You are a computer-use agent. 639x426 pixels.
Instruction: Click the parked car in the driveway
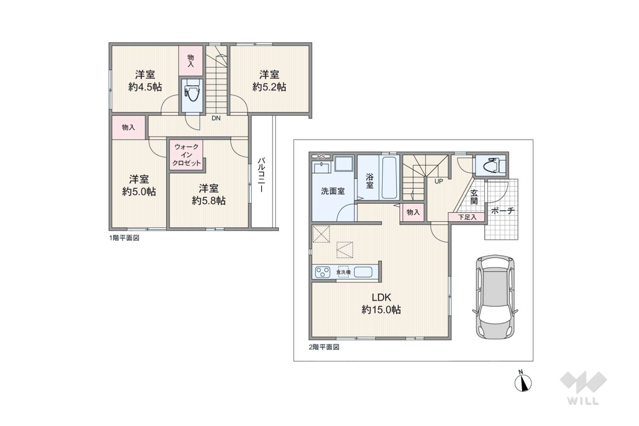[495, 297]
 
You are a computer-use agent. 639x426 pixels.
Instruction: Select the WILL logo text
[583, 401]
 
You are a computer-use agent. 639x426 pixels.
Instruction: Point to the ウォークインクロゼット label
[187, 155]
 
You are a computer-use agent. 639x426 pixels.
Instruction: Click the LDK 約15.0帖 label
[381, 303]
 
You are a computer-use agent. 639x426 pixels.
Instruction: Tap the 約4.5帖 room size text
[145, 87]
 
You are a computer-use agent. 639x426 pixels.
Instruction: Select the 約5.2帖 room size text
[269, 87]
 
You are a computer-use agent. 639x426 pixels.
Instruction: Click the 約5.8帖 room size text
[209, 201]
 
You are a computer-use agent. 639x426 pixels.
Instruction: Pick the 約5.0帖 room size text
[139, 192]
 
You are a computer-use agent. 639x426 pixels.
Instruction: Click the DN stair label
[216, 118]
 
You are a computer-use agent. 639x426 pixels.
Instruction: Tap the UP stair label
[439, 181]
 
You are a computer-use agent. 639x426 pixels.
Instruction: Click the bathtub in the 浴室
[389, 178]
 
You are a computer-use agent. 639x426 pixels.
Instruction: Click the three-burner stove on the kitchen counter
[323, 272]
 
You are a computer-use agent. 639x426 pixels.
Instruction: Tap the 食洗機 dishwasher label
[343, 272]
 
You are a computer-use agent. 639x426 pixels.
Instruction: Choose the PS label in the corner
[321, 157]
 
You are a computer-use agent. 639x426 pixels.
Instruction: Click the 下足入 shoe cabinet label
[467, 217]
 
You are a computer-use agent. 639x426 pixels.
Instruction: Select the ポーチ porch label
[503, 211]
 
